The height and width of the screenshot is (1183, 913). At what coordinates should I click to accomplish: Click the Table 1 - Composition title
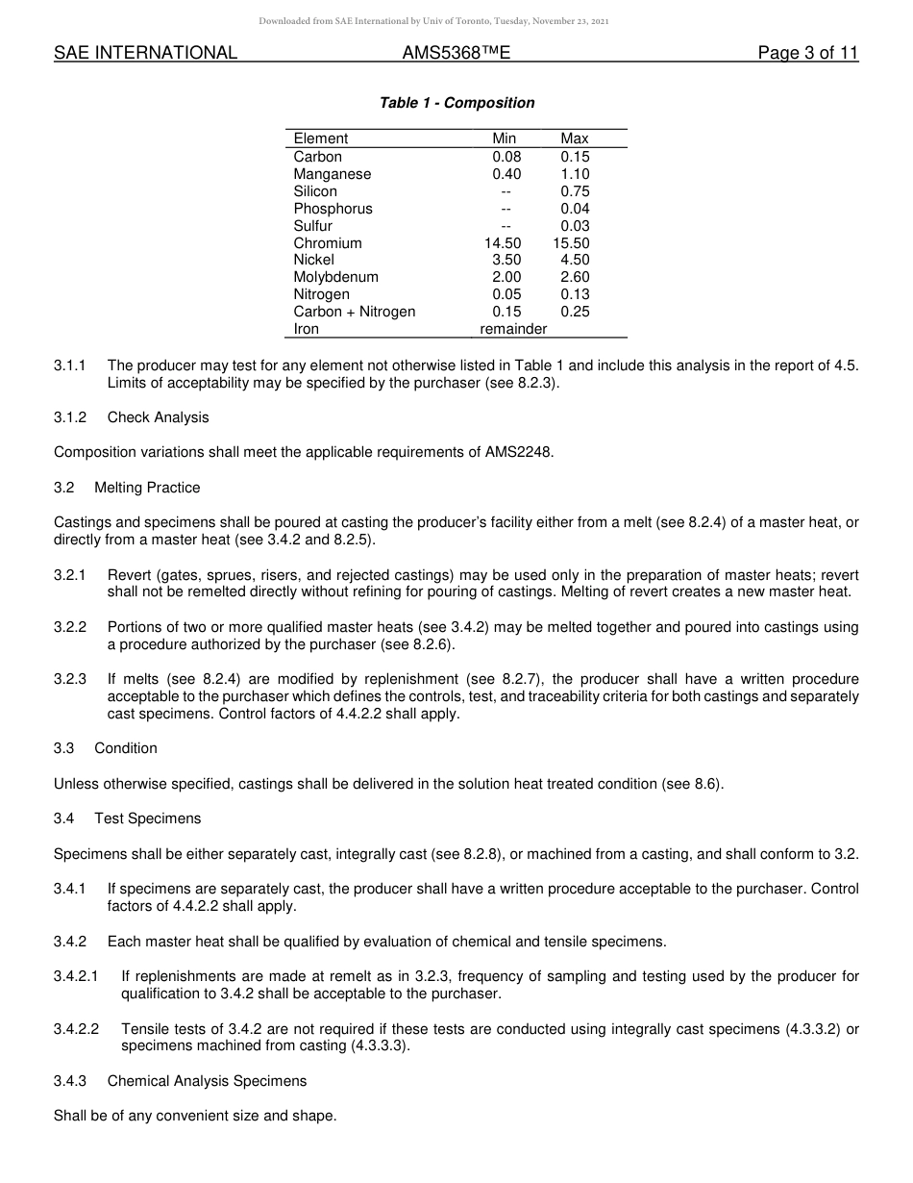[x=456, y=103]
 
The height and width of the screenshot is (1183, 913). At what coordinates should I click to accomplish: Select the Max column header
[x=575, y=138]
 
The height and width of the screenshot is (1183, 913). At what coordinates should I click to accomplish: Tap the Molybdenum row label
[x=335, y=277]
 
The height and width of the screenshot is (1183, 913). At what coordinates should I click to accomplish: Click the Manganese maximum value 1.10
[x=575, y=174]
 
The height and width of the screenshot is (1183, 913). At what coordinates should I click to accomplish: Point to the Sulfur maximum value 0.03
[x=575, y=226]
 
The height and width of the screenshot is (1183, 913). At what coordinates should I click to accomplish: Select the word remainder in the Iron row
[x=513, y=329]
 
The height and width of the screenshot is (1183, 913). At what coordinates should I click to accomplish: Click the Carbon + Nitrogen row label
[x=354, y=312]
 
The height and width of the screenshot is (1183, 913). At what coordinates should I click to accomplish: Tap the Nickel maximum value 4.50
[x=575, y=260]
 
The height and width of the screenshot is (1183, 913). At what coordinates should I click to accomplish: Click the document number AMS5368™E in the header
[x=456, y=54]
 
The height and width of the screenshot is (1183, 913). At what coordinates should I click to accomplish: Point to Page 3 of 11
[x=807, y=54]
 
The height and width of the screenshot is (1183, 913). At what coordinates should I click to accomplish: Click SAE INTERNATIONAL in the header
[x=145, y=54]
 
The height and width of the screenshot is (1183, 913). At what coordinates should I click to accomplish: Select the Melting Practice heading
[x=147, y=488]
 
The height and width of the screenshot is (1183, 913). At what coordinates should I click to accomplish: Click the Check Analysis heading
[x=158, y=417]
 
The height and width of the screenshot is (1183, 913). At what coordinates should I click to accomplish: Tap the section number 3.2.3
[x=70, y=679]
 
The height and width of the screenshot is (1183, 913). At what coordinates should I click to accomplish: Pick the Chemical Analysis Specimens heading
[x=207, y=1081]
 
